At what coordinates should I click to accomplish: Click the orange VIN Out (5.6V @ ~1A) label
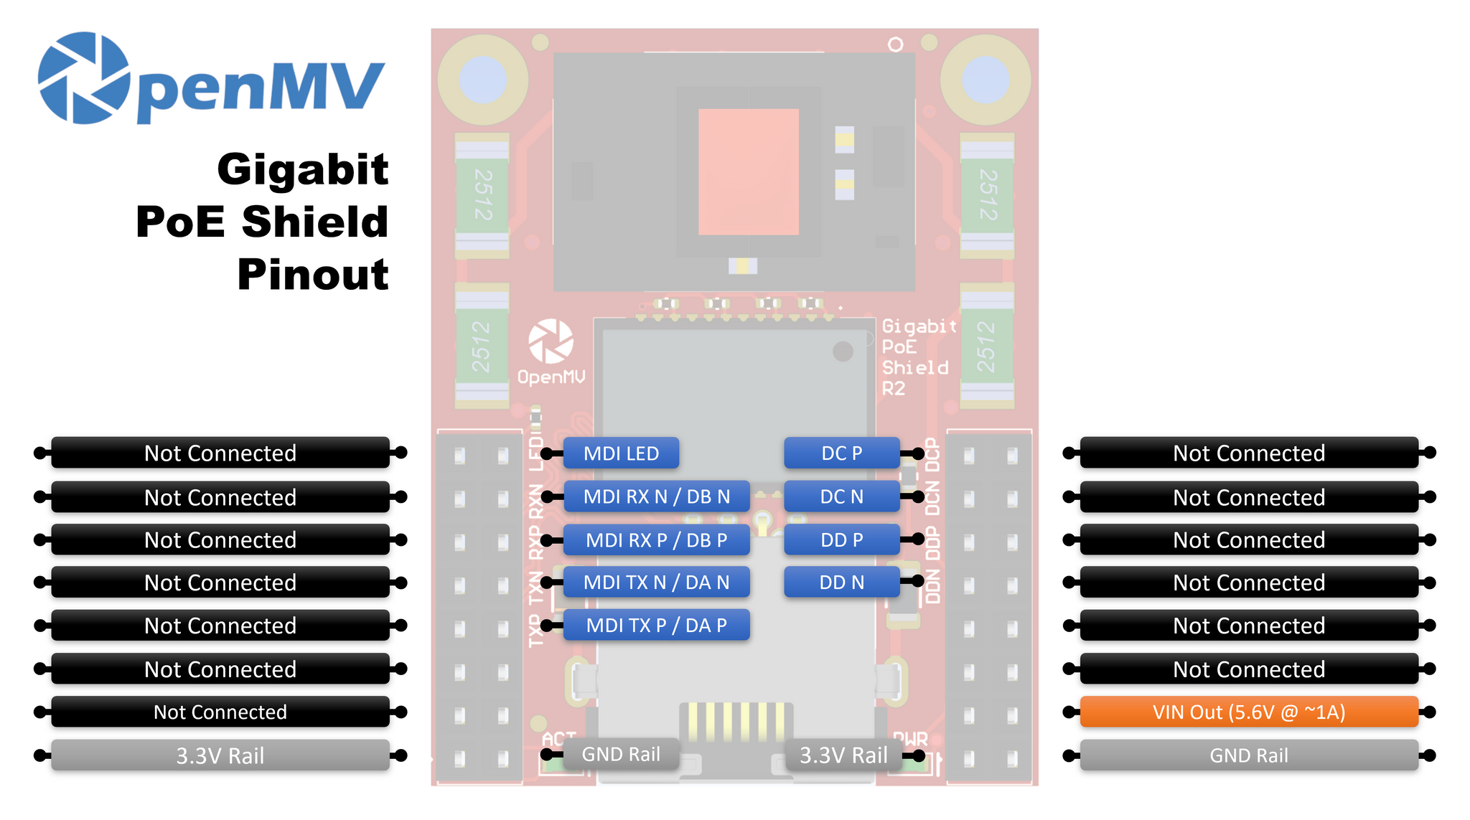(x=1248, y=712)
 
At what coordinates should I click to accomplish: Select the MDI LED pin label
(x=621, y=453)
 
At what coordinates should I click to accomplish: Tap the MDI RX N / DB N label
(x=656, y=496)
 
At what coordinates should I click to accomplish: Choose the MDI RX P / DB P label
(x=656, y=539)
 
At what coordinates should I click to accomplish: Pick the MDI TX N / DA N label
(x=656, y=583)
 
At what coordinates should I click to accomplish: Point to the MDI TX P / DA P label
(x=656, y=626)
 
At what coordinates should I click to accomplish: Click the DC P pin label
(x=841, y=453)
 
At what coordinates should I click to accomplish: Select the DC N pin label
(x=841, y=496)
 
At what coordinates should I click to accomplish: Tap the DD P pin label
(x=841, y=539)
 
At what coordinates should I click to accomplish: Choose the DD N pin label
(x=841, y=583)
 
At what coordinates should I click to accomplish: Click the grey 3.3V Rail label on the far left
(x=220, y=755)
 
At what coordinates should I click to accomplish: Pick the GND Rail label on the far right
(x=1248, y=755)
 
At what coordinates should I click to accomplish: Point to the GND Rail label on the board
(x=621, y=754)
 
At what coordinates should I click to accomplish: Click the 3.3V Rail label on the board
(x=843, y=755)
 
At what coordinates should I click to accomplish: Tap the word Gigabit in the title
(x=302, y=169)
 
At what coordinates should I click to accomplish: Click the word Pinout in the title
(x=313, y=275)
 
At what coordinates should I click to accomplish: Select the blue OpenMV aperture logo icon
(x=83, y=77)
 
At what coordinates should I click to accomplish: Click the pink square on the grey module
(x=748, y=171)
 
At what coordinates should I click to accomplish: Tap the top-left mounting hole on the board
(x=483, y=79)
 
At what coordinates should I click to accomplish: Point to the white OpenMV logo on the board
(x=551, y=341)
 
